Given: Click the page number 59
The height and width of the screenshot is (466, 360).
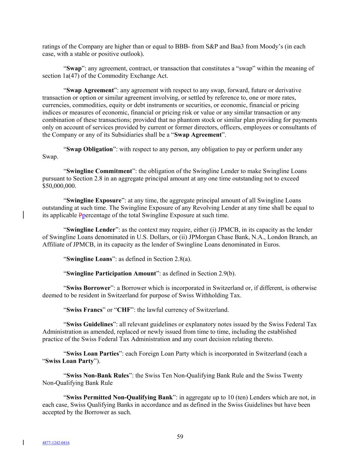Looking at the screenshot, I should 180,437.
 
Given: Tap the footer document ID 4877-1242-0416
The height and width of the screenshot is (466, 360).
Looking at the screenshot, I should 56,443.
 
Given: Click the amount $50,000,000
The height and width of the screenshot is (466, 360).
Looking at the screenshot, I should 59,186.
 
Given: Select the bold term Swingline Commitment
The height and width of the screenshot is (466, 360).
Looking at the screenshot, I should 99,171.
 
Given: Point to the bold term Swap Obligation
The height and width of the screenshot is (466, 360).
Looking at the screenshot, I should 89,149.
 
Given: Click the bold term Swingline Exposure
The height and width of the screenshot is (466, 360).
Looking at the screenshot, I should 94,200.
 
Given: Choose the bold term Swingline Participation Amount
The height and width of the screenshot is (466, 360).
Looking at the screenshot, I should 111,273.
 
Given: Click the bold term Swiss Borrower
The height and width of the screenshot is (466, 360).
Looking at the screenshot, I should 88,288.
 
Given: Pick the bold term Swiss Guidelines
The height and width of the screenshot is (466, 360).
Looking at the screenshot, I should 89,324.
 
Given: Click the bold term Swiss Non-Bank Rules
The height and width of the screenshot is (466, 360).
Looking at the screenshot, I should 98,376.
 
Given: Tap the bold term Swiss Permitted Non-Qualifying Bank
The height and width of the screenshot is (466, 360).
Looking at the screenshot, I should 119,397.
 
